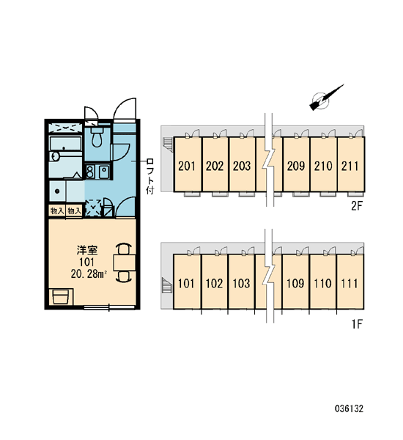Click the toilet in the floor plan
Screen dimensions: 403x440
97,137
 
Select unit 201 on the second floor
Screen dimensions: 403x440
188,165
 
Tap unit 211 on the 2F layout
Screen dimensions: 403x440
350,165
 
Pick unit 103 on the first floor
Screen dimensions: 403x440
242,282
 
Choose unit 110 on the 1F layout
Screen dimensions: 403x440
323,282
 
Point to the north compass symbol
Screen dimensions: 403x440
325,98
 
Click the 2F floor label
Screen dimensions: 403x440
357,206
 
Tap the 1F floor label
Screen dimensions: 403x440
358,324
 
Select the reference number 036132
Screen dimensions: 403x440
350,408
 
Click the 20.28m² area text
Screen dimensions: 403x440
89,274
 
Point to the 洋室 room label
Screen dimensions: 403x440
87,250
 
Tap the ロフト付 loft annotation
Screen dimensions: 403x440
150,176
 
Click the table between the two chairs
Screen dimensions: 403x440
125,263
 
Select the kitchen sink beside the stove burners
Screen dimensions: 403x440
104,172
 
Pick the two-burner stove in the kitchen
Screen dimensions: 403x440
90,172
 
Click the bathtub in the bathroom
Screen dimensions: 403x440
65,144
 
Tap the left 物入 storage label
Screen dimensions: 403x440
57,210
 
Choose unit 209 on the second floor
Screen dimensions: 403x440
296,165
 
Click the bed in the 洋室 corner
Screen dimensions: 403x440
61,297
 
